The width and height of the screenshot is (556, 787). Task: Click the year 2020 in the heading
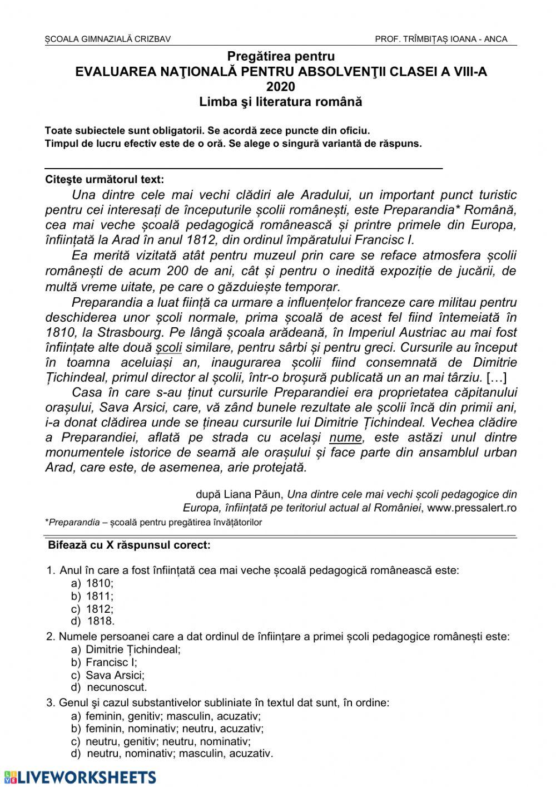click(281, 86)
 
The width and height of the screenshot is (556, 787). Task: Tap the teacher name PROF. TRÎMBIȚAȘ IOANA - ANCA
click(441, 39)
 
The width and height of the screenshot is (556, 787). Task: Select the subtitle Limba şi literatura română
click(281, 102)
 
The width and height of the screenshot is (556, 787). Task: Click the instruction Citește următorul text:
click(105, 180)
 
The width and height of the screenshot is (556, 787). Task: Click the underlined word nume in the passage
click(345, 437)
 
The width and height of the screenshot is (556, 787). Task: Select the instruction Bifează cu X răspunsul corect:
click(130, 545)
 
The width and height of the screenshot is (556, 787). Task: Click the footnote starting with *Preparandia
click(153, 523)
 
